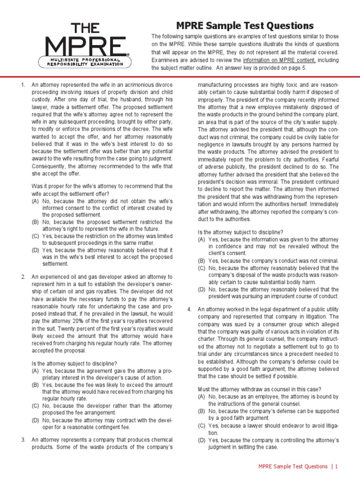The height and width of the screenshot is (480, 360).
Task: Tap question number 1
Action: point(22,85)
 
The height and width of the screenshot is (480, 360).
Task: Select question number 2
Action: point(22,277)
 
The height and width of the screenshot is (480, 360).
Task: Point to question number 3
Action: point(22,440)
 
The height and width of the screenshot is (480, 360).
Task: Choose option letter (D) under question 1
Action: point(36,250)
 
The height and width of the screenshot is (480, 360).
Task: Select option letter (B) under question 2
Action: point(36,384)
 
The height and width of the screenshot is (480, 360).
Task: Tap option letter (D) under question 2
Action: point(36,420)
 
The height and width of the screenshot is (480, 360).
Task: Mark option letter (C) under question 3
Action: point(202,268)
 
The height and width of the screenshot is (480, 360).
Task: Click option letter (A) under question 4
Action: point(202,397)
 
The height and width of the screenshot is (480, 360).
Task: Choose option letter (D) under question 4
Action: point(202,440)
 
